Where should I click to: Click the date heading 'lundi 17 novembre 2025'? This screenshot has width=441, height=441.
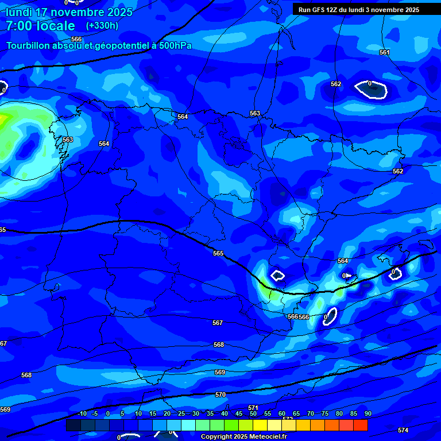pos(69,12)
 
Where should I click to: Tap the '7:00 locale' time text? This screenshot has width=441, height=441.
pos(40,26)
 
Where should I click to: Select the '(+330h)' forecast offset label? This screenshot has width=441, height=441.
pos(102,26)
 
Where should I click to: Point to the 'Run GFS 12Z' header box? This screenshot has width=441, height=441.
pos(358,10)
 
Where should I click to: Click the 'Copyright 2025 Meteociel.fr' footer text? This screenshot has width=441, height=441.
pos(243,437)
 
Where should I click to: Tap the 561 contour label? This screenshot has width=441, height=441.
pos(384,53)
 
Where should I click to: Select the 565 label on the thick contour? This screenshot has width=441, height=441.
pos(218,253)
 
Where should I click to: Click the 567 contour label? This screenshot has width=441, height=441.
pos(218,323)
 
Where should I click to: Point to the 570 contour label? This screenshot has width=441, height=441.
pos(220,395)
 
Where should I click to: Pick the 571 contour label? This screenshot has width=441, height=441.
pos(253,408)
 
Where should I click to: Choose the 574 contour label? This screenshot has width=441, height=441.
pos(403,430)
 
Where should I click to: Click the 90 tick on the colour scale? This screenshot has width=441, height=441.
pos(367,414)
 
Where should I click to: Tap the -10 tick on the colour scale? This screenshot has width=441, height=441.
pos(81,414)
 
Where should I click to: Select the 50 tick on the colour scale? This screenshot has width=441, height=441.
pos(253,414)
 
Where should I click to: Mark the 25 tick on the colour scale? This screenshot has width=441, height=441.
pos(181,414)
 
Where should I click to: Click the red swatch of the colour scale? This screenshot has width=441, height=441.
pos(361,425)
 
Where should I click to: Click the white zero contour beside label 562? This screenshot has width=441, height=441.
pos(371,89)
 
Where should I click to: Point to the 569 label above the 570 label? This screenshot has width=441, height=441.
pos(220,373)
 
